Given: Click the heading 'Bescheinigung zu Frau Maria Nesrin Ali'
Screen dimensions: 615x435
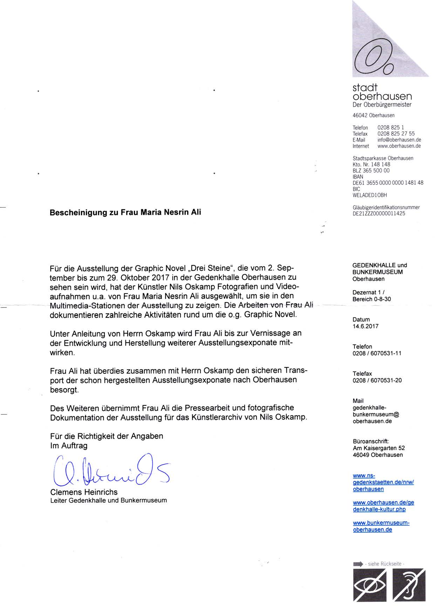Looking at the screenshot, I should pyautogui.click(x=125, y=212).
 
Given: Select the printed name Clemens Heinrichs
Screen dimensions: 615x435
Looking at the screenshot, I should pyautogui.click(x=84, y=492).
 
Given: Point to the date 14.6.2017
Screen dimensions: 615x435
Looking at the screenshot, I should pyautogui.click(x=366, y=326).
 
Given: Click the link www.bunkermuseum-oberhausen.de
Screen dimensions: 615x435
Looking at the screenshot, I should pyautogui.click(x=381, y=526).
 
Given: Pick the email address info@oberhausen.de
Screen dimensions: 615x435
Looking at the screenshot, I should pyautogui.click(x=399, y=140).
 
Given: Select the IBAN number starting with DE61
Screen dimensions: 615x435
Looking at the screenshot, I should pyautogui.click(x=388, y=183).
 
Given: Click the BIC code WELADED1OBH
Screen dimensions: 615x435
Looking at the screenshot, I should pyautogui.click(x=370, y=195).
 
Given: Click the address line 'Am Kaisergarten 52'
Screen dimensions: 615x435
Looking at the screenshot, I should pyautogui.click(x=379, y=448).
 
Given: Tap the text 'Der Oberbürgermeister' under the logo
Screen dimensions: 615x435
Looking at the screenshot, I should pyautogui.click(x=382, y=104).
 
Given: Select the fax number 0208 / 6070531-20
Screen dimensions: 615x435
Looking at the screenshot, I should pyautogui.click(x=377, y=380).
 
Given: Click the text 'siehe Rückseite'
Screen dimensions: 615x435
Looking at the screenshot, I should pyautogui.click(x=385, y=564).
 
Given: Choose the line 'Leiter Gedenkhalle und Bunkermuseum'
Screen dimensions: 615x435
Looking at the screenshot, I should pyautogui.click(x=109, y=500).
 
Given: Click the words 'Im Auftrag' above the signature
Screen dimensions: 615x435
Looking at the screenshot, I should pyautogui.click(x=69, y=446).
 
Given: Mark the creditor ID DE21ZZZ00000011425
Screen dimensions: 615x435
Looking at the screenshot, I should pyautogui.click(x=379, y=213).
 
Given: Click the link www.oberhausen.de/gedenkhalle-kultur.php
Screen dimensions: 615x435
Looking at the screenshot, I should pyautogui.click(x=383, y=506).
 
